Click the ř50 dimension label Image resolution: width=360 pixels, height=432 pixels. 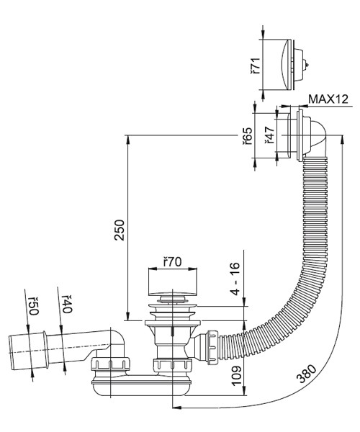point(32,305)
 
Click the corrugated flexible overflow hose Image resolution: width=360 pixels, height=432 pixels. point(302,252)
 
